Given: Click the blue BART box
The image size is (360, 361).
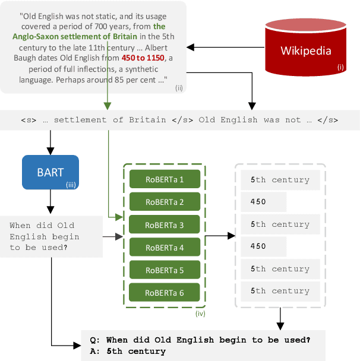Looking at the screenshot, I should click(x=50, y=173).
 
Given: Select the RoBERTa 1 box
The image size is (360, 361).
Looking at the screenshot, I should click(x=165, y=179).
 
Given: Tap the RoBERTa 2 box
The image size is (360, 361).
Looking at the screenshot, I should click(x=165, y=202).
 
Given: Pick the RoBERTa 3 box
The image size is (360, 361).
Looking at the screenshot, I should click(x=165, y=224).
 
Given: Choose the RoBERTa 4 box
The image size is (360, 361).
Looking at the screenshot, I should click(x=165, y=247).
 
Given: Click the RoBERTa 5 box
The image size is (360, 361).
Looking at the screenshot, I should click(x=165, y=270).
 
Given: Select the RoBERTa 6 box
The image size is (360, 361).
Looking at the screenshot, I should click(x=165, y=292).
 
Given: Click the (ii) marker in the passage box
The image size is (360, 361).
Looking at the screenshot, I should click(x=179, y=88).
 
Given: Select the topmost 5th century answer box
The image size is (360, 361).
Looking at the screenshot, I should click(x=279, y=180).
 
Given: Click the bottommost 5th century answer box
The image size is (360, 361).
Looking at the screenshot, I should click(x=279, y=291).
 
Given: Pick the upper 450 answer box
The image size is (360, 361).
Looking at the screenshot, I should click(x=263, y=202).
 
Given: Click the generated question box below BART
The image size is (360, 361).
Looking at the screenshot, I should click(x=45, y=236).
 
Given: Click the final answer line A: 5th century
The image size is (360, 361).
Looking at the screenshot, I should click(x=127, y=351).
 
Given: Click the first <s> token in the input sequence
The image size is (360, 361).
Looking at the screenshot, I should click(x=28, y=120).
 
